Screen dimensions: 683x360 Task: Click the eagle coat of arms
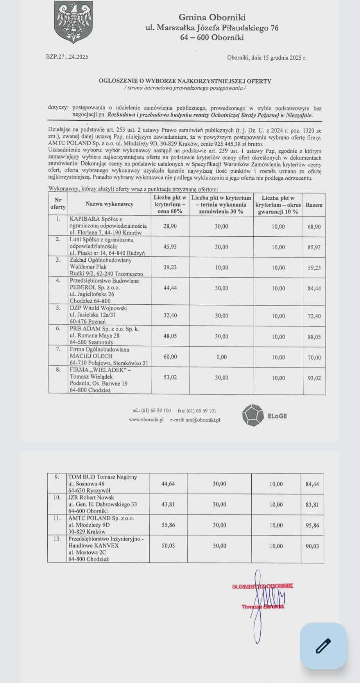[x=73, y=21]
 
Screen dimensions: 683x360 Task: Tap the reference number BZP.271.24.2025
[x=67, y=57]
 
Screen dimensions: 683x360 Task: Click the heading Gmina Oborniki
[x=212, y=17]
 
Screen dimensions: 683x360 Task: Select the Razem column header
[x=314, y=205]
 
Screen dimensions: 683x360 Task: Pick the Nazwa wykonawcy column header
[x=109, y=204]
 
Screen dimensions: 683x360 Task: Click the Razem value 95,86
[x=312, y=526]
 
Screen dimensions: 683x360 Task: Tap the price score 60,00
[x=170, y=357]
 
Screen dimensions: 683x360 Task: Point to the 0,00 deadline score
[x=221, y=357]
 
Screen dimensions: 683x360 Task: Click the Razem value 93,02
[x=314, y=378]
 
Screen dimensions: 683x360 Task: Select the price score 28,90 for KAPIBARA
[x=170, y=226]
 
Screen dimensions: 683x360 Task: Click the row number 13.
[x=57, y=538]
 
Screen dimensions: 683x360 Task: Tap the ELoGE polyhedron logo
[x=253, y=415]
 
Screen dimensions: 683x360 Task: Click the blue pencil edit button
[x=323, y=646]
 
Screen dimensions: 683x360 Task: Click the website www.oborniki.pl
[x=146, y=420]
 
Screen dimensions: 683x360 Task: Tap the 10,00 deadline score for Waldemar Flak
[x=221, y=268]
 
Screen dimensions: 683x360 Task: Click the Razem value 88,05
[x=314, y=336]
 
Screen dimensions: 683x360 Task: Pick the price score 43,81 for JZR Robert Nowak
[x=168, y=504]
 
